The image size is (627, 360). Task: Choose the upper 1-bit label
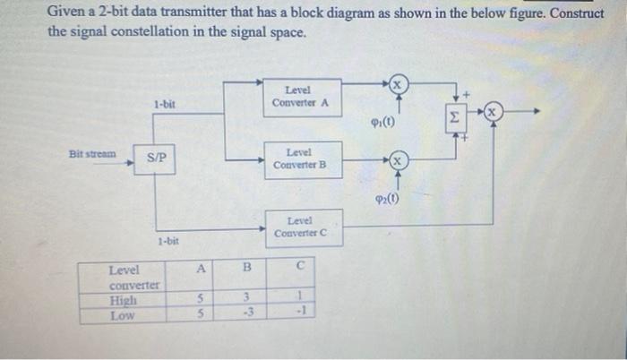[x=164, y=105]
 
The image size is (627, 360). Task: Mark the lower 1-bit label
[x=168, y=241]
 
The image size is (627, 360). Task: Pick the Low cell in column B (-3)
[x=248, y=313]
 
